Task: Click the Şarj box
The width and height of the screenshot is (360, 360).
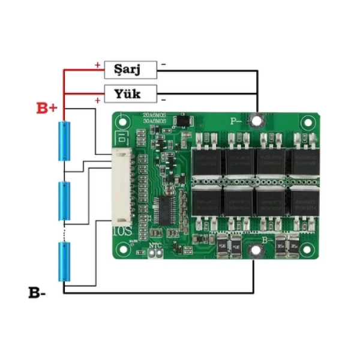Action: pyautogui.click(x=131, y=70)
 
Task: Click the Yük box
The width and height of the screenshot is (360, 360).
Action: pyautogui.click(x=131, y=94)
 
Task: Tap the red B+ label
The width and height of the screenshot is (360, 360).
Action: pyautogui.click(x=47, y=109)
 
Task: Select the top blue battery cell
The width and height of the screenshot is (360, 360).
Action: pyautogui.click(x=64, y=141)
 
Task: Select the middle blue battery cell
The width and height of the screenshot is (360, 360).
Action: pyautogui.click(x=64, y=202)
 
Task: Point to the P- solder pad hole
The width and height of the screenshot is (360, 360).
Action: pyautogui.click(x=257, y=121)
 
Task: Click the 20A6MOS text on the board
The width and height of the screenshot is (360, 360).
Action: pyautogui.click(x=154, y=114)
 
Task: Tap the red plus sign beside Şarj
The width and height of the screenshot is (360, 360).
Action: pyautogui.click(x=97, y=64)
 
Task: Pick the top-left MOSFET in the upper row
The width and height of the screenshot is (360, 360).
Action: pyautogui.click(x=206, y=159)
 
